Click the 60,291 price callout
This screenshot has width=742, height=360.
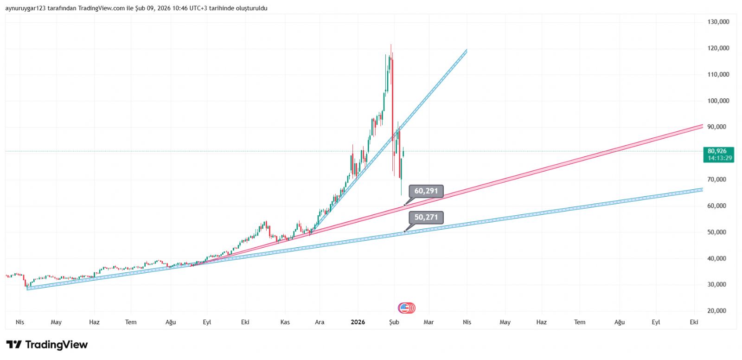click(426, 191)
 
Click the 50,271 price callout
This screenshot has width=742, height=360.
click(426, 218)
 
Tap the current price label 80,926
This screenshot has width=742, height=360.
click(717, 151)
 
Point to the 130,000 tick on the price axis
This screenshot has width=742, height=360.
click(718, 22)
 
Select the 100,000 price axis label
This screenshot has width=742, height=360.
click(718, 101)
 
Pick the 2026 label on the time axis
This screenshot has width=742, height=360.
click(358, 322)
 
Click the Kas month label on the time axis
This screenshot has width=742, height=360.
click(285, 322)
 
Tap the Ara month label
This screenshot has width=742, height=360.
click(320, 322)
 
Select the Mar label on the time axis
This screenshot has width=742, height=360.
click(429, 322)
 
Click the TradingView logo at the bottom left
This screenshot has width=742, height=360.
click(47, 345)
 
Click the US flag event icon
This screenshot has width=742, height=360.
click(405, 308)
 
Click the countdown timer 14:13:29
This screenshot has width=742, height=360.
click(720, 158)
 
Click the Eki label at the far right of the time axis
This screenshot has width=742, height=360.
click(694, 322)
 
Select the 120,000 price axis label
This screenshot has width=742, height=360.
click(718, 48)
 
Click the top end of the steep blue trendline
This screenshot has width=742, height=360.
click(466, 50)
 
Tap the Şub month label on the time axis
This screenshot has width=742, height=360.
click(394, 322)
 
